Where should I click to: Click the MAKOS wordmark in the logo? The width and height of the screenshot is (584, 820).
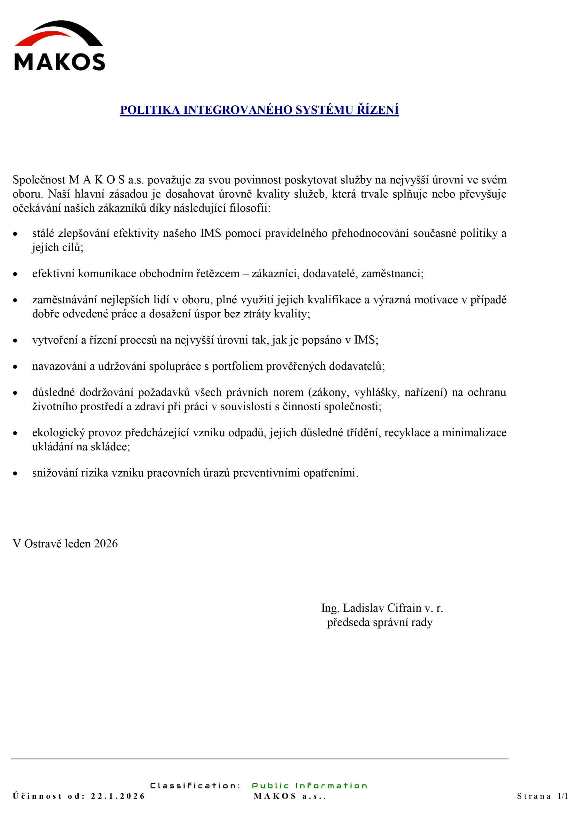(59, 62)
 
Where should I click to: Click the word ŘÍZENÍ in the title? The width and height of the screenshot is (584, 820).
(377, 110)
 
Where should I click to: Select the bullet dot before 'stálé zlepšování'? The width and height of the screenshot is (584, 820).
(15, 234)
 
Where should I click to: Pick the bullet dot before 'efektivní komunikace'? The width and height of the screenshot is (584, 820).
(15, 275)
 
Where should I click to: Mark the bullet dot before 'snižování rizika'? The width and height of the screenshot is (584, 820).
(15, 474)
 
